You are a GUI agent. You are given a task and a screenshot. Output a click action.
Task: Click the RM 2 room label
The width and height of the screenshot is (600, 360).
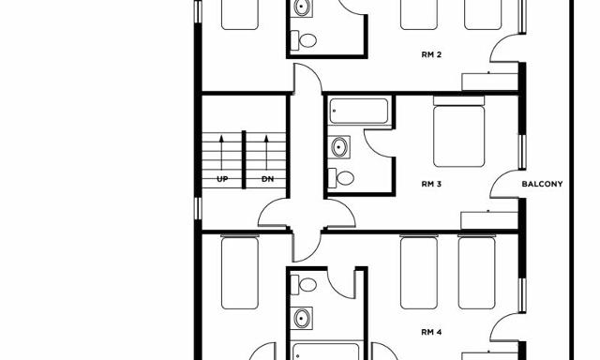[431, 54]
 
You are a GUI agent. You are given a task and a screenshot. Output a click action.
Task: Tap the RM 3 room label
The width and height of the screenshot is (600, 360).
[431, 184]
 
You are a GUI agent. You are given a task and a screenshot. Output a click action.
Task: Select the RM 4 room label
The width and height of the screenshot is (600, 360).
[431, 332]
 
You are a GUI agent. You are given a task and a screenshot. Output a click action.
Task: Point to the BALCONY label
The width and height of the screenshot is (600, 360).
[542, 184]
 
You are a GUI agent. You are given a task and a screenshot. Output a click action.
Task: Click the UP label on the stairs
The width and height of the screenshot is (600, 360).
[222, 179]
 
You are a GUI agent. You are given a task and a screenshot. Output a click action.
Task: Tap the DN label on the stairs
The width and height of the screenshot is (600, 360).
[267, 179]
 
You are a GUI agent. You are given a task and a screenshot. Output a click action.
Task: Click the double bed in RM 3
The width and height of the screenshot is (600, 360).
[458, 131]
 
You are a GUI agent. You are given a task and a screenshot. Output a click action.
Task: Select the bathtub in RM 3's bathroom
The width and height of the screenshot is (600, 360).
[358, 111]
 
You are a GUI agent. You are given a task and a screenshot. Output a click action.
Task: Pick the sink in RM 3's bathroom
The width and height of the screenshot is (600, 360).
[339, 147]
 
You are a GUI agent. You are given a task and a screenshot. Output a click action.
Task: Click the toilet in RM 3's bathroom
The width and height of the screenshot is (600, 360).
[340, 178]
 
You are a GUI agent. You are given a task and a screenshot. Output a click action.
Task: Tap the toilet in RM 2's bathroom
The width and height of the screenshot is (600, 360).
[304, 40]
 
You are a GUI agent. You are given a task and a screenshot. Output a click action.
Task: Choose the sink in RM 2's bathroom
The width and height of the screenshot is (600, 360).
[302, 7]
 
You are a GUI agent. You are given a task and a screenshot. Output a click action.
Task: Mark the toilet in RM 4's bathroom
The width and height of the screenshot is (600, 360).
[304, 285]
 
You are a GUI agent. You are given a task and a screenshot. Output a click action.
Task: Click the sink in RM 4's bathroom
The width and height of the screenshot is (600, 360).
[302, 318]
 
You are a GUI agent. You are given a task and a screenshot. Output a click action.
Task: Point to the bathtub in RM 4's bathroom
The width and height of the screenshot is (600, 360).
[326, 352]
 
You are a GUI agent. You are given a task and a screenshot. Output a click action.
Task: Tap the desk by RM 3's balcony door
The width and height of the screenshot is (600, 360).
[489, 220]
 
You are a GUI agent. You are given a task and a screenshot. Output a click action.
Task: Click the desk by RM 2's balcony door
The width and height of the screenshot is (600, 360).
[489, 82]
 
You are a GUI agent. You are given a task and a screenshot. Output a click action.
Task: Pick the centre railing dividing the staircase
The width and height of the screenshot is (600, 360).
[244, 159]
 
